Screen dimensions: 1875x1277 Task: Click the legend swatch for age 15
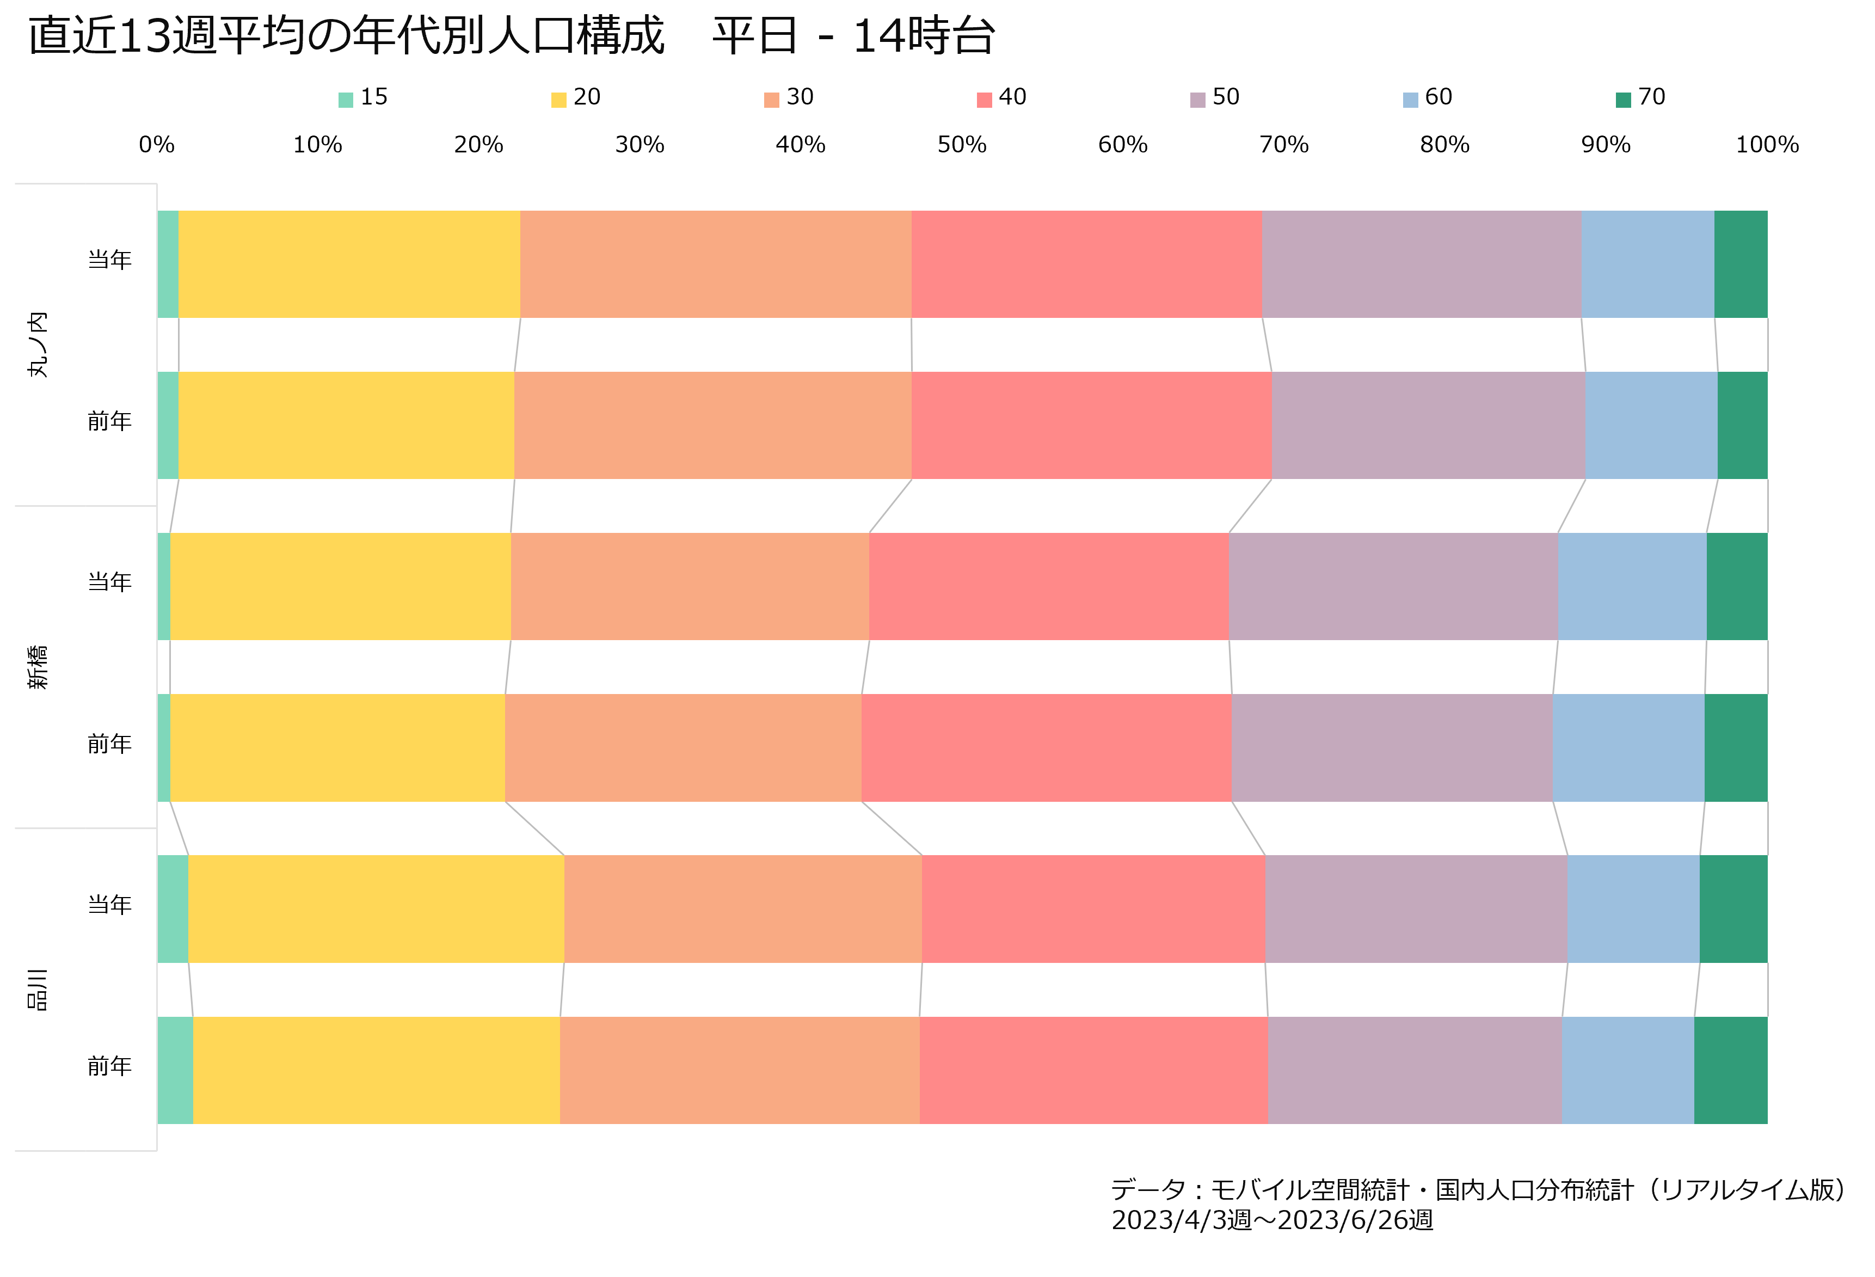point(345,100)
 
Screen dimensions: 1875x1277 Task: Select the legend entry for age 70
point(1640,97)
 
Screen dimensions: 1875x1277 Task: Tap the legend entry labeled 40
point(1001,97)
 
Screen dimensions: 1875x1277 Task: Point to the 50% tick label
point(962,145)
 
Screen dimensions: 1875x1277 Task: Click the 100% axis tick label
point(1767,145)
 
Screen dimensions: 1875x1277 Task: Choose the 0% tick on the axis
point(157,145)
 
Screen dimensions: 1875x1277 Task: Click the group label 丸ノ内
point(37,345)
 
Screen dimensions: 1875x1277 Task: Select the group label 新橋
point(37,667)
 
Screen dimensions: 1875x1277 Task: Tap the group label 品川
point(37,990)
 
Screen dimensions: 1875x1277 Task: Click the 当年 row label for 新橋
point(110,582)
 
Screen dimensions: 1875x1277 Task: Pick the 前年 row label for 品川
point(110,1066)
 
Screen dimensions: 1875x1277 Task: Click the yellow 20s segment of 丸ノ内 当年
point(349,265)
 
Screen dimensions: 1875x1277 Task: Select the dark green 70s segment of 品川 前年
point(1731,1071)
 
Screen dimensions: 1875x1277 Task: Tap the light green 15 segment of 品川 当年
point(173,909)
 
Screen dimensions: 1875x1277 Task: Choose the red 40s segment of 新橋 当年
point(1049,586)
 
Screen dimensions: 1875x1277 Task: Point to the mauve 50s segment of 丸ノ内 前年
point(1429,425)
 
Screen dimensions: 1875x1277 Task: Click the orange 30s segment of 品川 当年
point(743,909)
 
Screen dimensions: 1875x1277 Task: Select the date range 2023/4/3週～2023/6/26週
point(1272,1220)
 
